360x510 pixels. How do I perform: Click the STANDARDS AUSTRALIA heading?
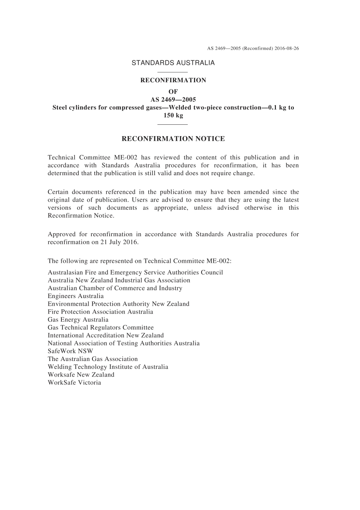click(173, 63)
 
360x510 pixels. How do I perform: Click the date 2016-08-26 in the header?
click(287, 49)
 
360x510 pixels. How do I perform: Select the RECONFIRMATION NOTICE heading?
click(173, 139)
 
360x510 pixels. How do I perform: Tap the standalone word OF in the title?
click(173, 92)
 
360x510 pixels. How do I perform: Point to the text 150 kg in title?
click(173, 115)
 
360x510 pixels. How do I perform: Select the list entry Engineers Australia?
click(75, 296)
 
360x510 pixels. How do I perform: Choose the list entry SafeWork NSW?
click(70, 351)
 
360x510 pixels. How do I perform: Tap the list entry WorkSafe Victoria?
click(74, 383)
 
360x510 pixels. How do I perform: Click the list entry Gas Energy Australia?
click(78, 320)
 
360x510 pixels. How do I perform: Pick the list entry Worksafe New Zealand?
click(81, 375)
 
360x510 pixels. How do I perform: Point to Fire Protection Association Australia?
click(100, 312)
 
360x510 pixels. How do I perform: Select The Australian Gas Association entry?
click(92, 359)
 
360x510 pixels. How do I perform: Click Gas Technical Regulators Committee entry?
click(100, 328)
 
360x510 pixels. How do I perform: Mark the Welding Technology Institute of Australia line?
click(108, 367)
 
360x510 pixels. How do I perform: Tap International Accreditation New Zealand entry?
click(106, 336)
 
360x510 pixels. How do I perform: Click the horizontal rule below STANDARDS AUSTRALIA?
click(172, 72)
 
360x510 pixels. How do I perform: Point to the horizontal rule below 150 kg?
click(172, 124)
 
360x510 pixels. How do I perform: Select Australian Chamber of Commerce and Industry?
click(115, 288)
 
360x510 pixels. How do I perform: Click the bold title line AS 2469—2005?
click(173, 100)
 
